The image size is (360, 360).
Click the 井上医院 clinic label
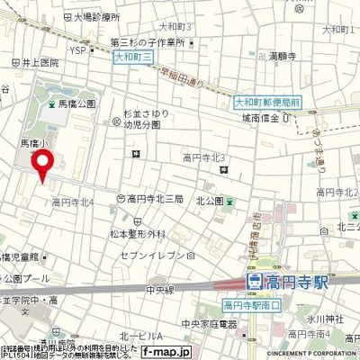[x=36, y=63]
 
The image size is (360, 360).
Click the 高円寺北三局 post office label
[x=156, y=199]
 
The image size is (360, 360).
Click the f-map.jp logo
[x=166, y=353]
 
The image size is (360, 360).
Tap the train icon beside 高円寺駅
[x=255, y=283]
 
